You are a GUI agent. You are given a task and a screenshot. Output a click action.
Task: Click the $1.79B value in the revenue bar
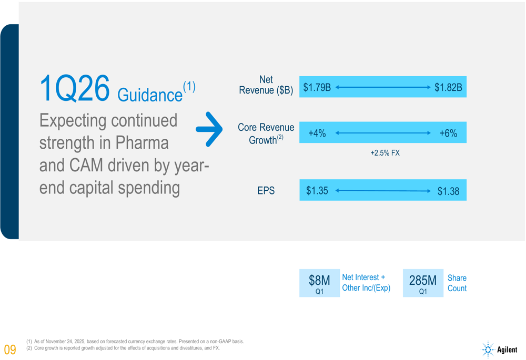point(317,87)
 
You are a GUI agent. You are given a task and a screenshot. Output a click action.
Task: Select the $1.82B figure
point(448,87)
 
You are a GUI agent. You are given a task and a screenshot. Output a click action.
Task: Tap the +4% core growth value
point(317,133)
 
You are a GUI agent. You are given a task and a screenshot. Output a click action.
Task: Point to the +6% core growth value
point(448,133)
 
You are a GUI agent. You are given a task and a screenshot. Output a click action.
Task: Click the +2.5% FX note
point(385,153)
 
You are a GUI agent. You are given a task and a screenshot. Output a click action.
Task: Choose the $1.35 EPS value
point(317,191)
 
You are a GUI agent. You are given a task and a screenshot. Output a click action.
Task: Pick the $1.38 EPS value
point(448,191)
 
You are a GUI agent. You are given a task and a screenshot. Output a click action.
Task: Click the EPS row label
point(266,191)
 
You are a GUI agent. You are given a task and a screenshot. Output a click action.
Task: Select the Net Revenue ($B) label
point(266,85)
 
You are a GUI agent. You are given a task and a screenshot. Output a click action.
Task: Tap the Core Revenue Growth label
point(266,133)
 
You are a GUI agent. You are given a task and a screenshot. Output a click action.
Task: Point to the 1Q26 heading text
point(74,88)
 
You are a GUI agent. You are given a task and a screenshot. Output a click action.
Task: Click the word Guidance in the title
point(149,95)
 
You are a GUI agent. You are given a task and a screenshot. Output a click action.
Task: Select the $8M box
point(319,283)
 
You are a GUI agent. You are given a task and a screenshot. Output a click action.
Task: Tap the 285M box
point(423,283)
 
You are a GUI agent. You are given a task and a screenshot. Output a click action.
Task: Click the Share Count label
point(457,283)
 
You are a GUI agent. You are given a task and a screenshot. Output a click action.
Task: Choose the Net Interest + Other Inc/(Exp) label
point(366,283)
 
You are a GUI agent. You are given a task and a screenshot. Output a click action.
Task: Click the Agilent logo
point(499,349)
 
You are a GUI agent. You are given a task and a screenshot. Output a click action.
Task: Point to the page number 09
point(10,349)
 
